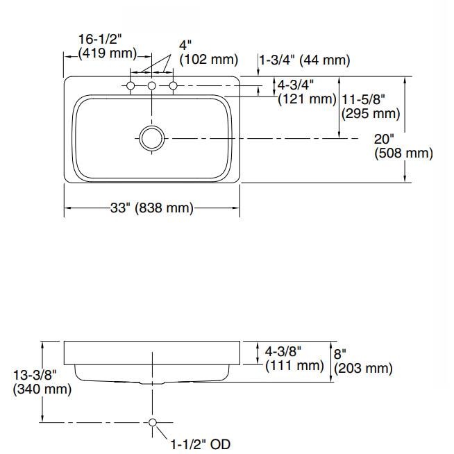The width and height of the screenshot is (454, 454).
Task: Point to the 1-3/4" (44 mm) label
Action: pos(305,60)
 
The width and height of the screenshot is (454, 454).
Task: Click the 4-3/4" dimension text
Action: pos(296,85)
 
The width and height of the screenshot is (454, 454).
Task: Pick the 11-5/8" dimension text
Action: pos(363,99)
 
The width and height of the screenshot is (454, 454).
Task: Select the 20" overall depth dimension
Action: pos(384,138)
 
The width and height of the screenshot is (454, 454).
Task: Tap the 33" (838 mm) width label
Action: pos(151,208)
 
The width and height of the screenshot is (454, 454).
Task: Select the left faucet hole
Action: pos(130,85)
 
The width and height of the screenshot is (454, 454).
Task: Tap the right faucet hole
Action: pos(174,85)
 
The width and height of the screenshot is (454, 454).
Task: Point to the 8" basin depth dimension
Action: pos(340,353)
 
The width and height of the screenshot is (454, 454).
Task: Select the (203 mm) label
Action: pos(363,368)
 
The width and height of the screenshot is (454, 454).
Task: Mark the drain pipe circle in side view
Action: pos(152,422)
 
